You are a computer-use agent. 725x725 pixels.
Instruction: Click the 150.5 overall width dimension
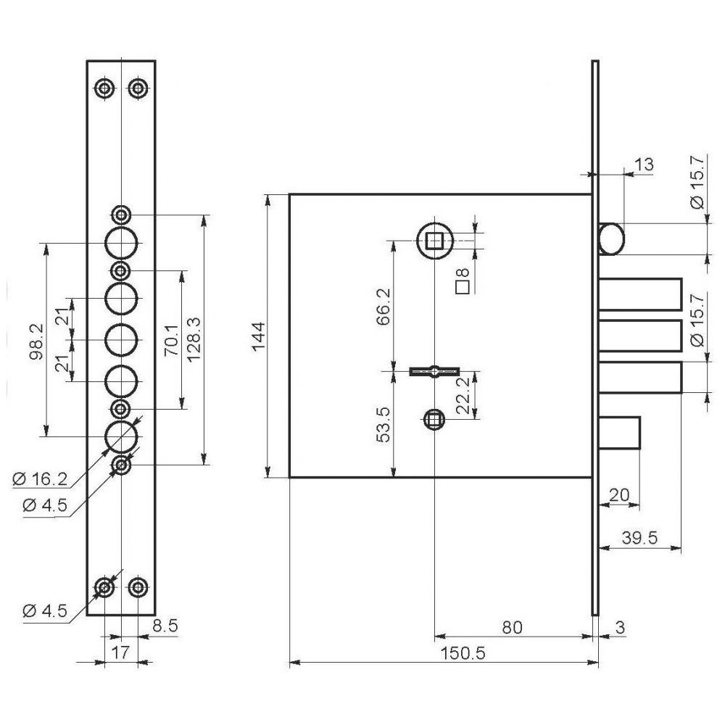point(463,653)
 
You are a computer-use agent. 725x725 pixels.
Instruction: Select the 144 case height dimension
point(259,336)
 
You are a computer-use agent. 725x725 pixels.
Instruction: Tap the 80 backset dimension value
point(512,627)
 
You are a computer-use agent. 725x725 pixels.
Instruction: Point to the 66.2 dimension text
point(384,307)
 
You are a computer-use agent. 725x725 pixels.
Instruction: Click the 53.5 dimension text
point(384,424)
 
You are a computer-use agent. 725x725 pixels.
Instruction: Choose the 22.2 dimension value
point(462,395)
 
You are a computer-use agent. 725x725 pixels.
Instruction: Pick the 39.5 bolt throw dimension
point(639,538)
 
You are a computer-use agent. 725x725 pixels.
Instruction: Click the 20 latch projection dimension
point(619,495)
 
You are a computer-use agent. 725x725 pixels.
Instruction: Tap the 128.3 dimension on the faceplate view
point(194,339)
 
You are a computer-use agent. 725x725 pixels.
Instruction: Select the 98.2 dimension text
point(36,341)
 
